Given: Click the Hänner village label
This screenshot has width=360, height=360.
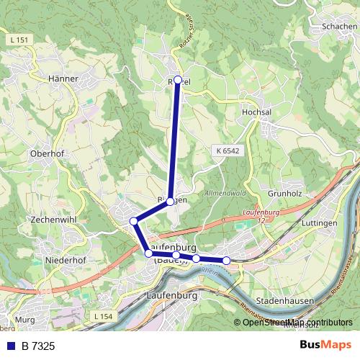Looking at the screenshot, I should [62, 78].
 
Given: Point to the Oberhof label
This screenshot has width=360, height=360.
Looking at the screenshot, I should [44, 153].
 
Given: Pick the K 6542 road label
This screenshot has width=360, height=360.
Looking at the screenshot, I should [228, 151].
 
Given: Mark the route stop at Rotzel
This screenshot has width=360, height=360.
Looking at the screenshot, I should [177, 80].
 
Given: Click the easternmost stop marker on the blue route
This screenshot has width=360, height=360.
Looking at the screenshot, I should [226, 260].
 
